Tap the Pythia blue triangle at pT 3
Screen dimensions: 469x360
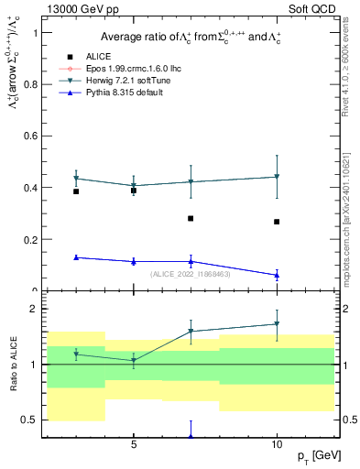tap(76, 257)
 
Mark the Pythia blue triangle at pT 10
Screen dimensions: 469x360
tap(277, 275)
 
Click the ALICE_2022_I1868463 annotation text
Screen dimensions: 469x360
tap(191, 273)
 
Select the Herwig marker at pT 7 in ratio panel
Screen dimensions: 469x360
tap(191, 332)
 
